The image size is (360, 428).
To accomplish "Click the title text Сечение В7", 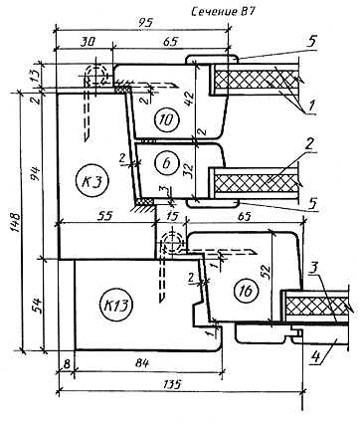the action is (223, 12).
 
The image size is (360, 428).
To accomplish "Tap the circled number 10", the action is (167, 119).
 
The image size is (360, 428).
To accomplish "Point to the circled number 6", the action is (166, 162).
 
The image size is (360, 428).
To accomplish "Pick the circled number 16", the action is (246, 291).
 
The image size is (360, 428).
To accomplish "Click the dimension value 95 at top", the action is (144, 23).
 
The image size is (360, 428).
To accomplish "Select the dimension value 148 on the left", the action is (17, 223).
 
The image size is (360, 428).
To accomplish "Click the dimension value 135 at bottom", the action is (173, 384).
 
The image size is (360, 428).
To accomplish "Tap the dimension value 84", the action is (142, 363).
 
